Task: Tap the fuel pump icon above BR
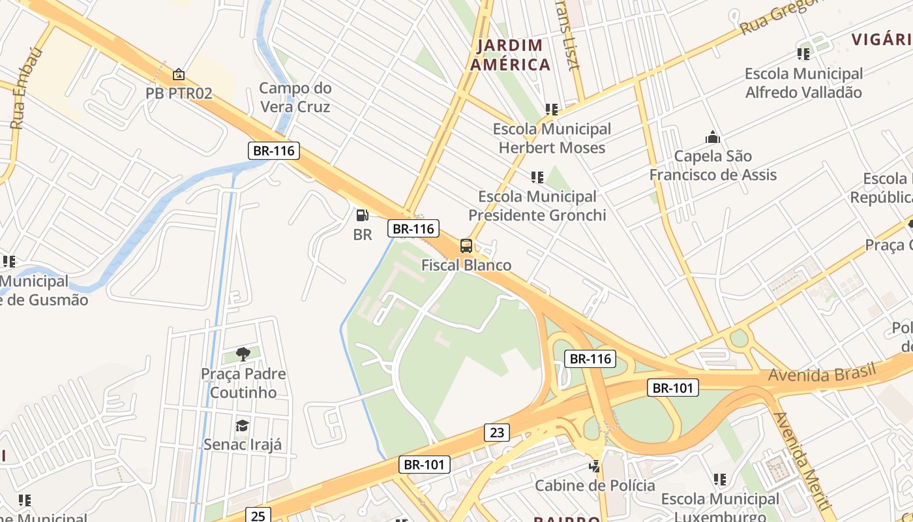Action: [362, 215]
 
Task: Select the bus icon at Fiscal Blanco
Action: [466, 246]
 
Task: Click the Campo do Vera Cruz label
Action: [295, 97]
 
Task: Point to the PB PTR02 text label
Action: [179, 93]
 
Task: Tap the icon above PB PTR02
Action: [178, 74]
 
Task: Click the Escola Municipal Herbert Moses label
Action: [552, 138]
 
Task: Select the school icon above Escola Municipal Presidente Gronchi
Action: [537, 177]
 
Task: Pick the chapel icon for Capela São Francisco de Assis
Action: [712, 137]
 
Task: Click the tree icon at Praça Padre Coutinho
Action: [243, 354]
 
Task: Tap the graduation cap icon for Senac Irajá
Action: [242, 425]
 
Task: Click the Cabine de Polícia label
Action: [595, 485]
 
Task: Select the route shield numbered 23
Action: [496, 432]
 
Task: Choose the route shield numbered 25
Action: [258, 515]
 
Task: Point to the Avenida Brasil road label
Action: [822, 374]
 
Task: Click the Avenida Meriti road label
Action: [802, 461]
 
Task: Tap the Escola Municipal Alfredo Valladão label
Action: [803, 83]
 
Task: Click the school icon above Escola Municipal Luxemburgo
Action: [719, 480]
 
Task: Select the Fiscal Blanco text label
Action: [466, 265]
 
